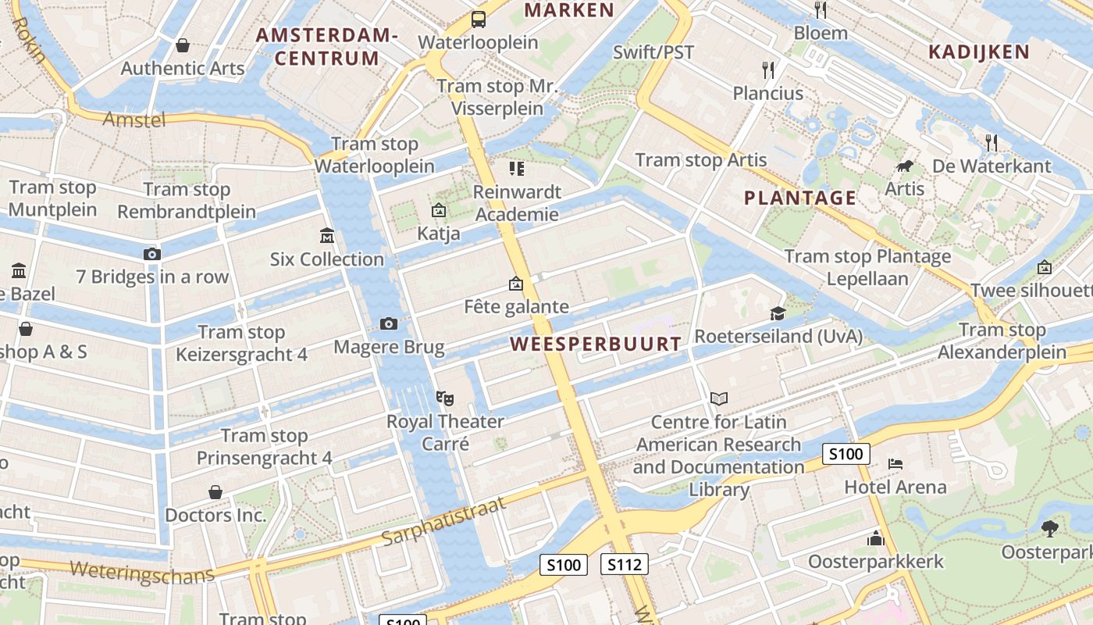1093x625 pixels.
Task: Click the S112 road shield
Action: pos(624,564)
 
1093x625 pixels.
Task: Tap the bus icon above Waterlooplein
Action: pos(478,20)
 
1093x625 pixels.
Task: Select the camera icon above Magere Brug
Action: pos(388,323)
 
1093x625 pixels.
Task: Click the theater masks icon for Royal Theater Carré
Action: pos(445,398)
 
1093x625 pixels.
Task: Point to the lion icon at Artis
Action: pos(905,166)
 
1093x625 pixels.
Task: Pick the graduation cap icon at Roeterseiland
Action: pos(778,313)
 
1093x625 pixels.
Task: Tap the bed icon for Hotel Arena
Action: pos(895,464)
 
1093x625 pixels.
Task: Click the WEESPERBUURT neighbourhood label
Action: pos(596,344)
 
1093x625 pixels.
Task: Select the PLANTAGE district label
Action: pos(800,198)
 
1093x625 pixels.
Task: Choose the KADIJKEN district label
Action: pos(978,52)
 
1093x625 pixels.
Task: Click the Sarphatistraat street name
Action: pos(445,522)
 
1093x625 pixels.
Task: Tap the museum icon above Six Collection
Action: pos(326,235)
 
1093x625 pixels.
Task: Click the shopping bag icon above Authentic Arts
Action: pos(183,45)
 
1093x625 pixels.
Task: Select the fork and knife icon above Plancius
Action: pos(768,70)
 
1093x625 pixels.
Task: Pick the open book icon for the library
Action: pos(719,398)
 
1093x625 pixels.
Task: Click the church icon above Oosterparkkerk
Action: pos(875,538)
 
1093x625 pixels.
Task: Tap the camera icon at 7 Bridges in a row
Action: pos(152,254)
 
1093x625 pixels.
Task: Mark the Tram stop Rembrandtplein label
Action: pos(187,201)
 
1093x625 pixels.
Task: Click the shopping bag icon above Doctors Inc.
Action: pos(215,492)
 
